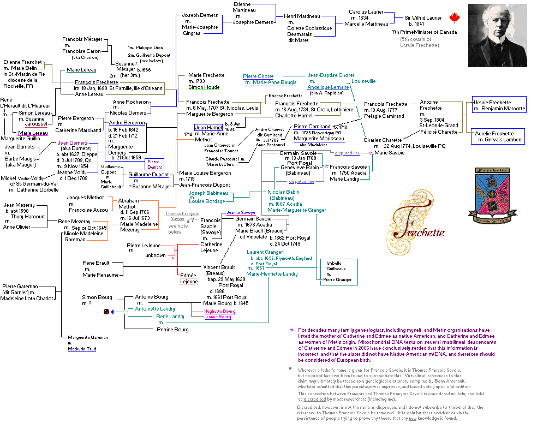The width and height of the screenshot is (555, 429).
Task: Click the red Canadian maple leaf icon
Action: (454, 19)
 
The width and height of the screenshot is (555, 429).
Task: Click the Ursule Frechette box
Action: (499, 105)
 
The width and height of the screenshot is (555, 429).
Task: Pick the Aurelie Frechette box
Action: (499, 136)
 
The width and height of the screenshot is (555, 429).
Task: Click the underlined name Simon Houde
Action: (204, 87)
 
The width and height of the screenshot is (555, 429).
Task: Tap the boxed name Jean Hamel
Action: (208, 127)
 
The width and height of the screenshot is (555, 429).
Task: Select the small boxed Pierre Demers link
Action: (154, 164)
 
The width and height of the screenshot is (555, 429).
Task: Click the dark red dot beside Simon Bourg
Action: (106, 311)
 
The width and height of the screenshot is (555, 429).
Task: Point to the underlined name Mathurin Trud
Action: (82, 348)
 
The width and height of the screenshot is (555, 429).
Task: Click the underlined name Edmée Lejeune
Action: (188, 279)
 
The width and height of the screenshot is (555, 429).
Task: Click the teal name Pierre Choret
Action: (258, 76)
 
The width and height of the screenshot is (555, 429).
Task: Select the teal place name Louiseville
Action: (363, 81)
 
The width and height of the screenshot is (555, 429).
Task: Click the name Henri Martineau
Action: (301, 16)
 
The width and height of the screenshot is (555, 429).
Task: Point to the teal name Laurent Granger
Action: (265, 252)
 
